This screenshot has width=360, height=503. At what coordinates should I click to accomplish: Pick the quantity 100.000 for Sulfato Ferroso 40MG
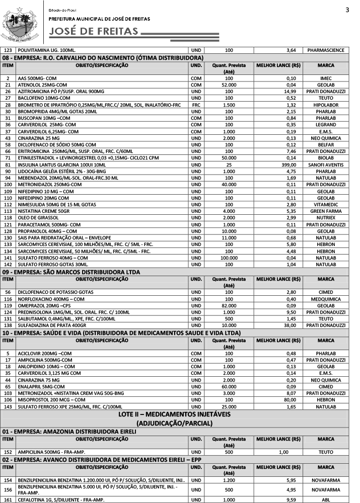(229, 257)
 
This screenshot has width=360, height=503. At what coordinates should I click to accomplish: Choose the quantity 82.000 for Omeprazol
(229, 305)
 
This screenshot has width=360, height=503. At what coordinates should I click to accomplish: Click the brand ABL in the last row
(326, 499)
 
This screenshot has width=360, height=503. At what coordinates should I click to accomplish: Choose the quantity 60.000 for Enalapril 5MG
(229, 386)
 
